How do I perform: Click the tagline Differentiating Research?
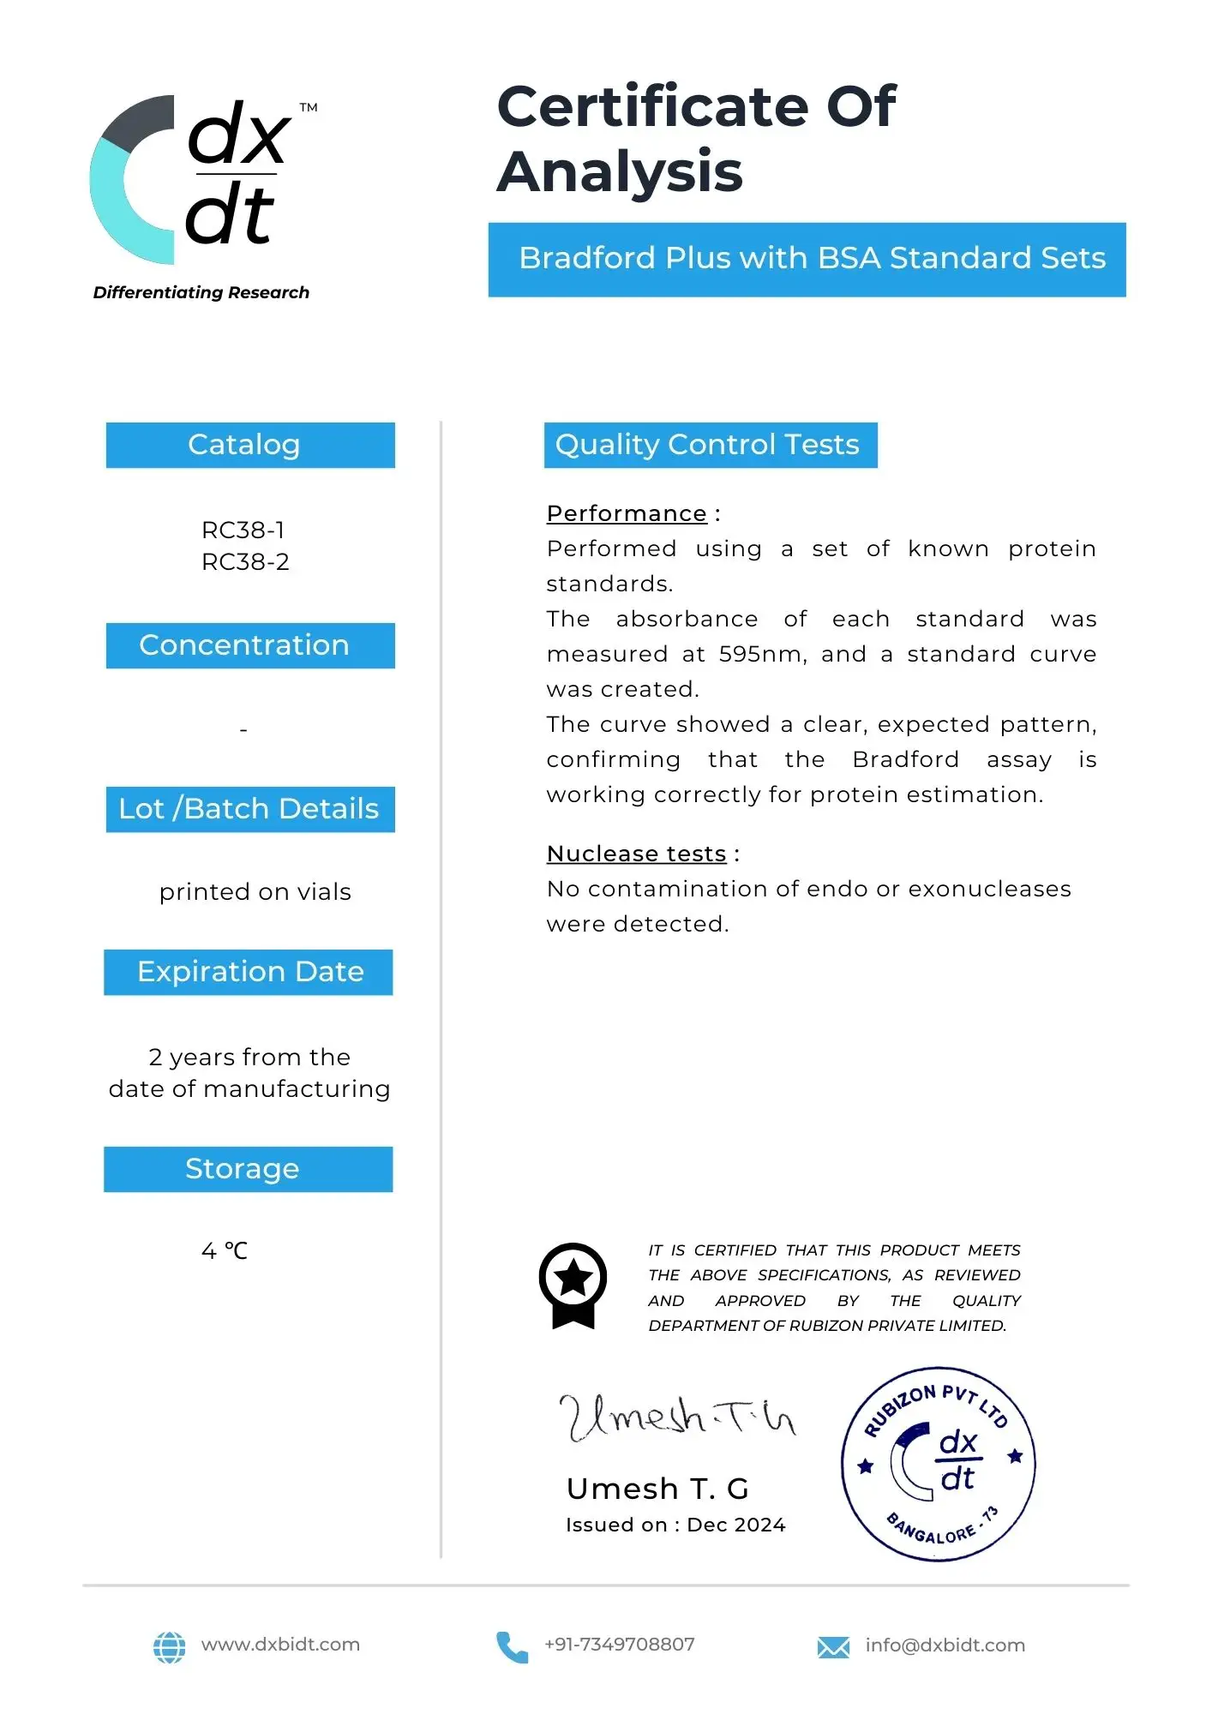(201, 292)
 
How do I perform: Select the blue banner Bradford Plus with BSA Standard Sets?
(807, 259)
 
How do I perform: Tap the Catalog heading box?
(250, 445)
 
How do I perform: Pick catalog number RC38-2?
(245, 562)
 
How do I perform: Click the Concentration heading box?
(250, 645)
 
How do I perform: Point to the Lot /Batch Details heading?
(250, 809)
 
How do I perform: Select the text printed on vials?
(255, 892)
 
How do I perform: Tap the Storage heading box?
(249, 1169)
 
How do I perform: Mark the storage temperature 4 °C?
(225, 1251)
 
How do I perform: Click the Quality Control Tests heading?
(710, 445)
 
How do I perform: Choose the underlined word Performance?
(627, 513)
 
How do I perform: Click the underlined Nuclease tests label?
(637, 854)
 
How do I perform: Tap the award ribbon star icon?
(573, 1283)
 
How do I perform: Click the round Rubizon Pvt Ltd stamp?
(938, 1463)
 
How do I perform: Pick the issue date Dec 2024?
(736, 1525)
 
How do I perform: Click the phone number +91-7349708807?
(619, 1645)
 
